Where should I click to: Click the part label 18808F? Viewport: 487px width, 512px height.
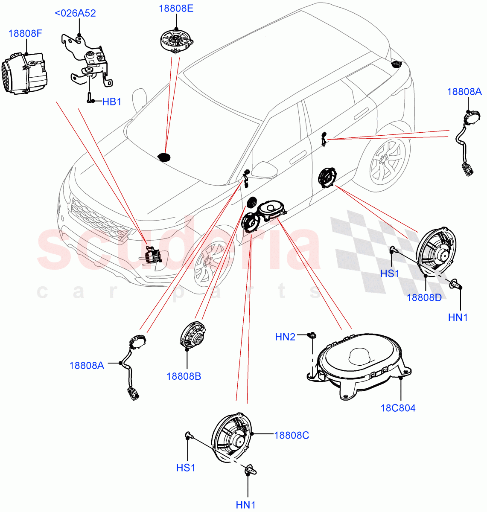[x=25, y=33]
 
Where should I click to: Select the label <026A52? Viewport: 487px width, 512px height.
[x=75, y=13]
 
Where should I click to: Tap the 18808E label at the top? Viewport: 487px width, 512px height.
[x=176, y=9]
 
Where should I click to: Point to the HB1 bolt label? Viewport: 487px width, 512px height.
[x=112, y=102]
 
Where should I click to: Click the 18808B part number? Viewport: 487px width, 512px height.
[x=184, y=376]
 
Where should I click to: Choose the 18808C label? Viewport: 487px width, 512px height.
[x=292, y=435]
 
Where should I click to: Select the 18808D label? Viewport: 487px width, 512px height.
[x=424, y=297]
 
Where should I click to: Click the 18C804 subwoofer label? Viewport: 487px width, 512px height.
[x=398, y=407]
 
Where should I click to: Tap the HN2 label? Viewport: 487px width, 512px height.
[x=285, y=337]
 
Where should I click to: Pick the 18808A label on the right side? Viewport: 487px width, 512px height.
[x=464, y=91]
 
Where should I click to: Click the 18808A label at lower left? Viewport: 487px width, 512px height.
[x=87, y=365]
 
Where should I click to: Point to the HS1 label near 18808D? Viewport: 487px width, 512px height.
[x=390, y=273]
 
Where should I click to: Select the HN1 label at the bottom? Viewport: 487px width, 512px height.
[x=246, y=505]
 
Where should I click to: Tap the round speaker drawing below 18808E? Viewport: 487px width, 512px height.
[x=177, y=39]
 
